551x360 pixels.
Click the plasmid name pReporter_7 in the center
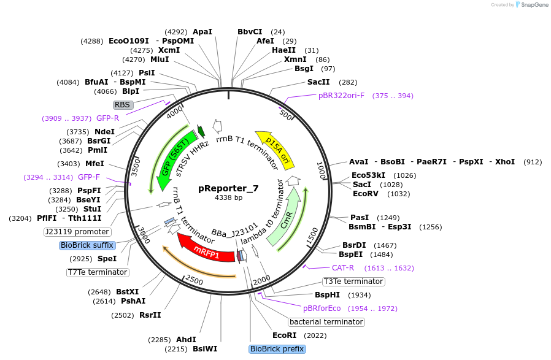(228, 188)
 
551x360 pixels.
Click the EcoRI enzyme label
(284, 335)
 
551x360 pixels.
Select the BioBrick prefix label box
(277, 349)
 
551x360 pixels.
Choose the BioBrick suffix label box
(87, 245)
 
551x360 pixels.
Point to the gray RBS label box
(123, 105)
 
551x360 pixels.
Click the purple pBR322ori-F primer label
(341, 96)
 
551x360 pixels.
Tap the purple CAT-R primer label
(343, 268)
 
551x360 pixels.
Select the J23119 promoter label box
(77, 232)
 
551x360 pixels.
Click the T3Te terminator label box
(353, 281)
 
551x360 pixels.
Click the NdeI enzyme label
(104, 132)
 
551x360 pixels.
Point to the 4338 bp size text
(228, 198)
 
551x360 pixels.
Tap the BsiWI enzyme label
(205, 349)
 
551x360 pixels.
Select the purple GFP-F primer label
(89, 177)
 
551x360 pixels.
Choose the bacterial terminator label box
(326, 322)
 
